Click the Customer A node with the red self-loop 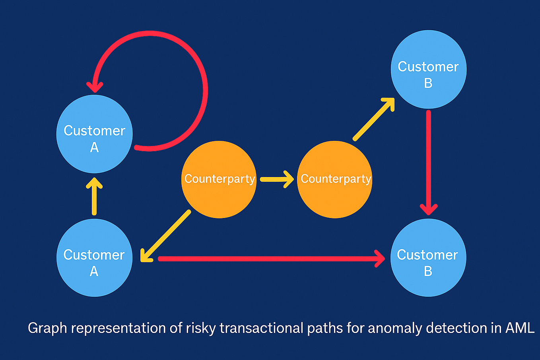tap(94, 134)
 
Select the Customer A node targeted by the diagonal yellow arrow tap(94, 258)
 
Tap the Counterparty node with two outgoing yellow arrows tap(219, 179)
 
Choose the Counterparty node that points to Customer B tap(335, 179)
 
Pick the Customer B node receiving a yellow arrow tap(428, 70)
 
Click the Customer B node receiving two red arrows tap(428, 258)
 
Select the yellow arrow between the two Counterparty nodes tap(276, 179)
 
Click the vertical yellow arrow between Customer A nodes tap(94, 197)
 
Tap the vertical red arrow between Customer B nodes tap(429, 159)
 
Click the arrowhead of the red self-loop tap(95, 86)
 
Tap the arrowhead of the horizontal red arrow tap(380, 259)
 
